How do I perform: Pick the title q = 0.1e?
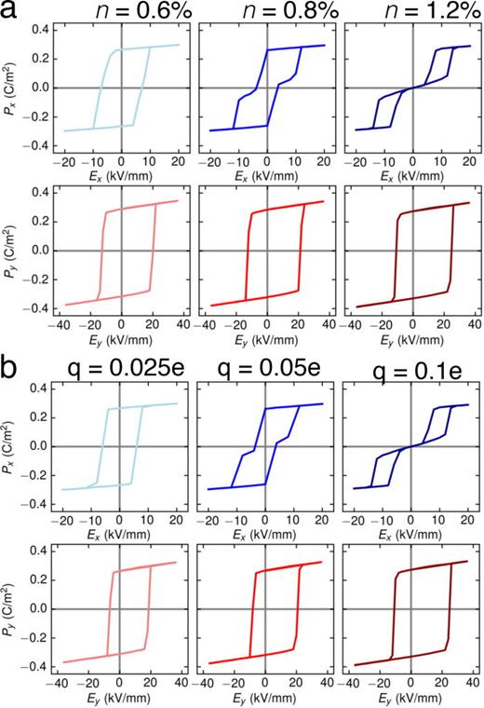[x=413, y=376]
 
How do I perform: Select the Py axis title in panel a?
[x=12, y=250]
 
